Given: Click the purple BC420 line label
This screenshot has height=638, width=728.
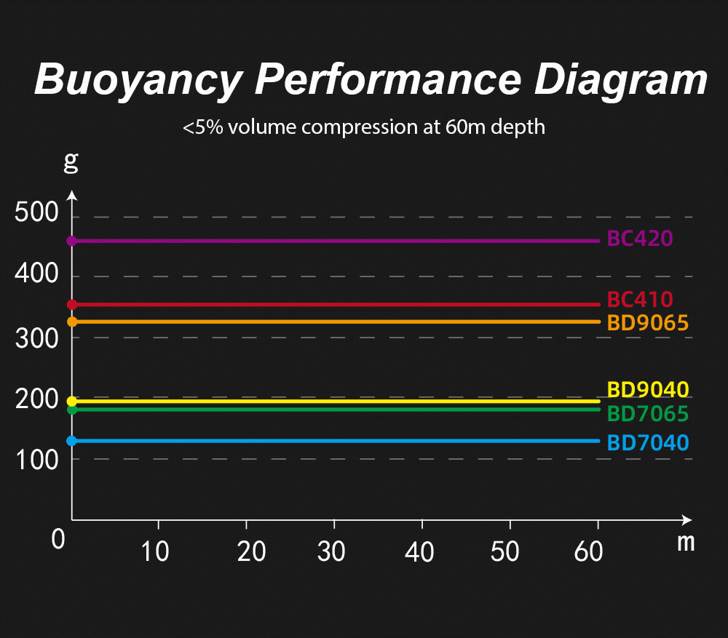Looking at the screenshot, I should coord(639,239).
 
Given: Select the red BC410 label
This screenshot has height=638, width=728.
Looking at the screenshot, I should coord(639,299).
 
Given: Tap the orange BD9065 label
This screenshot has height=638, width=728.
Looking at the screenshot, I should coord(647,322).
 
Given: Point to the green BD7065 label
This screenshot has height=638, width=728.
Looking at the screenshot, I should coord(647,414).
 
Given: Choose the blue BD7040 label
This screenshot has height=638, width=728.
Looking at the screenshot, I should coord(647,442).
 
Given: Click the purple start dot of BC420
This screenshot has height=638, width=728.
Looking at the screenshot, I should coord(71,241).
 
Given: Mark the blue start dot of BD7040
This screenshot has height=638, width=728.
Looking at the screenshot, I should coord(71,441).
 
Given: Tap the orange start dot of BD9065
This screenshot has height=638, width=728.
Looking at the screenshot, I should coord(71,322).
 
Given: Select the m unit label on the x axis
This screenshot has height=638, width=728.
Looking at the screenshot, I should coord(686,542).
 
